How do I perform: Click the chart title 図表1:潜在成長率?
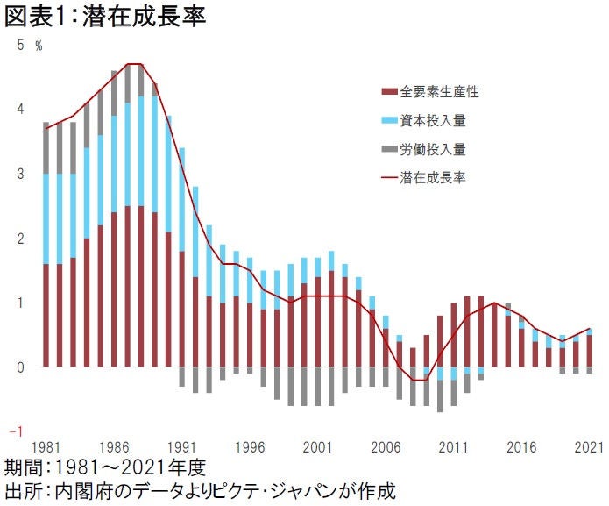[105, 18]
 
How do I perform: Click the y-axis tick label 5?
[21, 46]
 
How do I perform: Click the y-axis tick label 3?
[21, 175]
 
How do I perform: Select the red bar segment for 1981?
[46, 315]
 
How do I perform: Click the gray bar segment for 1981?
[46, 148]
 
